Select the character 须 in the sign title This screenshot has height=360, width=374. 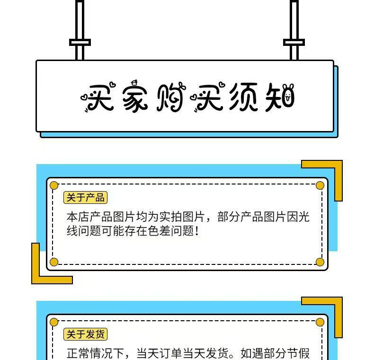[243, 98]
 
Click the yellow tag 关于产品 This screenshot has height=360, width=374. [85, 198]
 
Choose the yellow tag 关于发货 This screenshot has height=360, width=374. [85, 334]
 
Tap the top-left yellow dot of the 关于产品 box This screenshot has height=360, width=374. [54, 185]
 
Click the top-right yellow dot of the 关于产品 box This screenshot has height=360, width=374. [320, 185]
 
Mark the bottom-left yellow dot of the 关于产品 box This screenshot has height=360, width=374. [54, 262]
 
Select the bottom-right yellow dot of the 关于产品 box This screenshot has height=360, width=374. [320, 262]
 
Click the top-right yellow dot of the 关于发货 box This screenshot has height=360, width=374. [320, 322]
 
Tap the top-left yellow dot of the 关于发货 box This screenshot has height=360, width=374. [54, 322]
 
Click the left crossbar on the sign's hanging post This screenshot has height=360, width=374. [80, 42]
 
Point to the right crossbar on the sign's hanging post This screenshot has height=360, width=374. [294, 42]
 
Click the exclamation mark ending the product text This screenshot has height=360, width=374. [197, 232]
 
